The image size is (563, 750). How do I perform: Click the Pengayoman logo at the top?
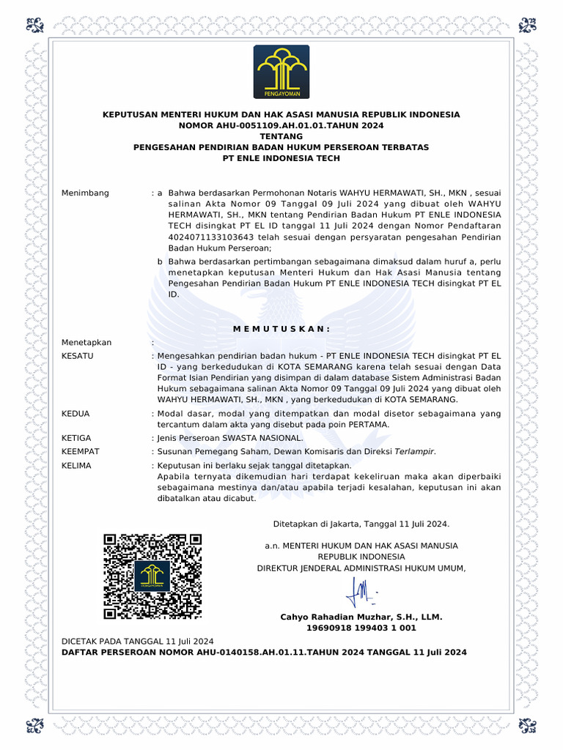[281, 71]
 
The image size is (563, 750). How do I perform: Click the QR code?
[152, 576]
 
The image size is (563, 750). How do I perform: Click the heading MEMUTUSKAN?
[281, 328]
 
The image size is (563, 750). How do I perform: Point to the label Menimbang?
[85, 193]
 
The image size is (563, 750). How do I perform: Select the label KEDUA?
[76, 413]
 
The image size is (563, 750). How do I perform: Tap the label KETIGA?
[76, 437]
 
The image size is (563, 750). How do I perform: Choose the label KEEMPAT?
[80, 451]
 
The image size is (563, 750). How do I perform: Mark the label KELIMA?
[76, 465]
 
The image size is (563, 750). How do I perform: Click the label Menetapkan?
[87, 342]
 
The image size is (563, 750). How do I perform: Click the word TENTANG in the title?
[281, 136]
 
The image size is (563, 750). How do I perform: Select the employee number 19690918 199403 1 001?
[361, 628]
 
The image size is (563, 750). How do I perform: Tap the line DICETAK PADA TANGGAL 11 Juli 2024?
[137, 641]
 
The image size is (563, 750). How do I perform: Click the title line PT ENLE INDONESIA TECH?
[281, 158]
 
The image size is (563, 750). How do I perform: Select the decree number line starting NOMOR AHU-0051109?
[281, 125]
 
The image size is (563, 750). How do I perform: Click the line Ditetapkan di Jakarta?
[361, 524]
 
